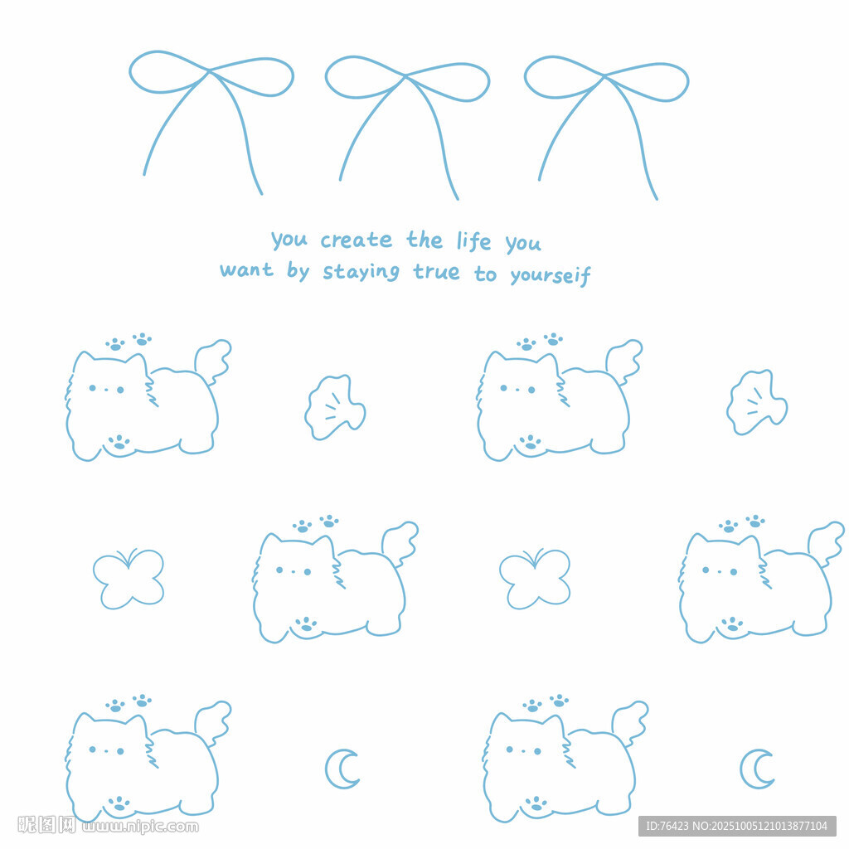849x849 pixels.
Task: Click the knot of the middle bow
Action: click(x=405, y=77)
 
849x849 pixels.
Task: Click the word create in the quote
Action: click(x=356, y=240)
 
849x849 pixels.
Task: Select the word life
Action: click(x=473, y=241)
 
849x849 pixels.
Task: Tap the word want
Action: click(x=246, y=269)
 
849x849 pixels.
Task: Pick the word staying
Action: click(x=361, y=272)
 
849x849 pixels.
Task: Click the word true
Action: click(x=436, y=271)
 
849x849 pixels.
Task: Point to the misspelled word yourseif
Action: click(x=551, y=276)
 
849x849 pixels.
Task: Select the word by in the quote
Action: click(x=298, y=270)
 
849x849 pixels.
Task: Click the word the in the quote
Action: click(x=424, y=240)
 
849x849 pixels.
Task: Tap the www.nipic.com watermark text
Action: click(x=140, y=827)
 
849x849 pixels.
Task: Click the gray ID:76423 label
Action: click(x=737, y=827)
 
